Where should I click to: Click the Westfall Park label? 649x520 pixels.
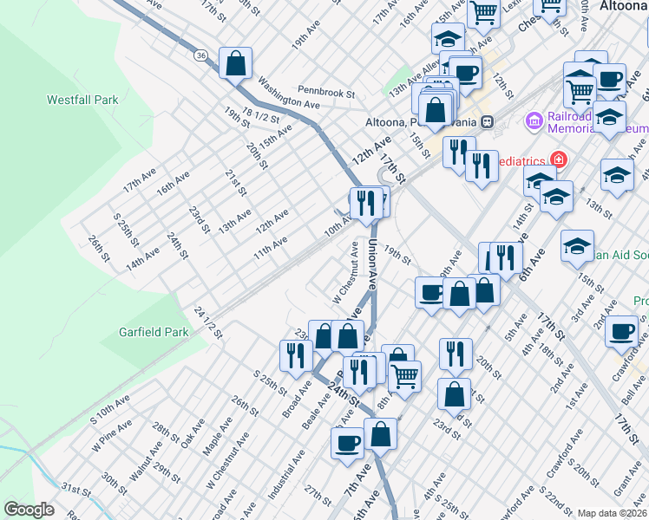tap(82, 101)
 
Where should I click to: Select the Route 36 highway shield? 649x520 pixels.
tap(200, 55)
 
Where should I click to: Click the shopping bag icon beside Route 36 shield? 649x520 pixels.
tap(235, 63)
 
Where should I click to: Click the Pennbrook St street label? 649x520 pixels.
tap(326, 91)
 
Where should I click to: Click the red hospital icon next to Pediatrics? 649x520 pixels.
tap(557, 159)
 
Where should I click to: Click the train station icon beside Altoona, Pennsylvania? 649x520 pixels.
tap(488, 121)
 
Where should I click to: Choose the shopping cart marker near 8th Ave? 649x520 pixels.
tap(404, 376)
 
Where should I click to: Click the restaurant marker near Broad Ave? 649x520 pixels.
tap(295, 355)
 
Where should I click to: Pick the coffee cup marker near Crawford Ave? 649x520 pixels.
tap(621, 332)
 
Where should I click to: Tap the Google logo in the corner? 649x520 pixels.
tap(29, 509)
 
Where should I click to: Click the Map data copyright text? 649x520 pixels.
tap(612, 513)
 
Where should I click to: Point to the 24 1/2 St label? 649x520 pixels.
tap(209, 323)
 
